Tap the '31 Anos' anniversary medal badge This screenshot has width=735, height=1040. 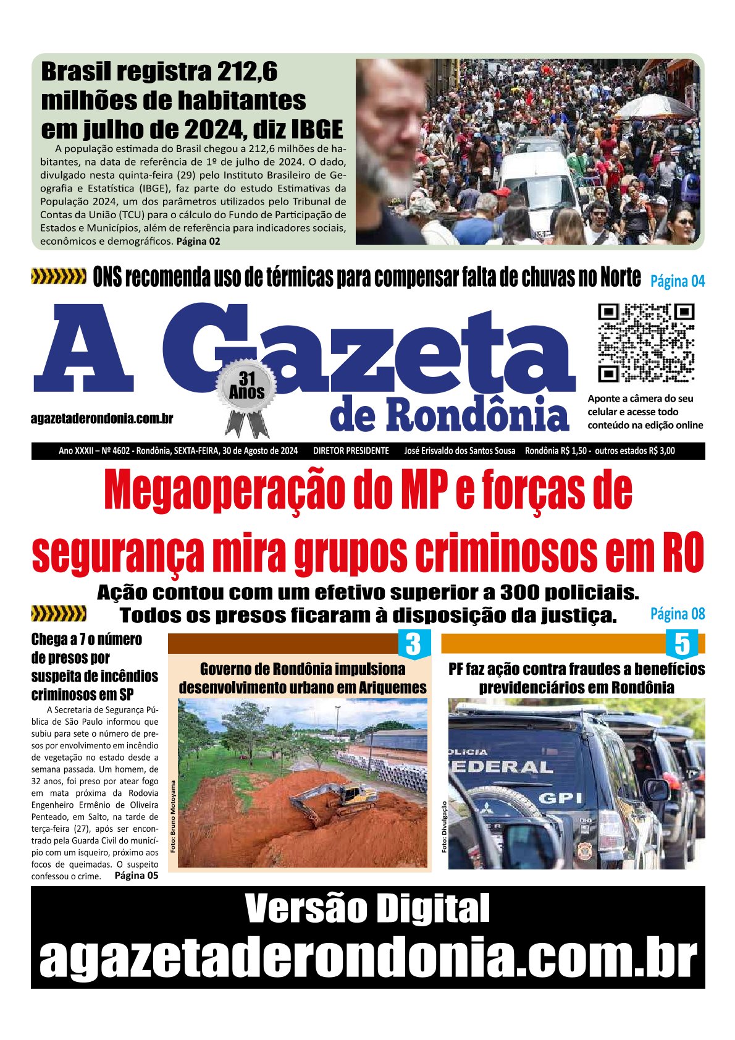coord(247,388)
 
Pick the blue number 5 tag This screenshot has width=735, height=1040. coord(682,644)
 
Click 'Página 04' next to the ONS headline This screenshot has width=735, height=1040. coord(678,281)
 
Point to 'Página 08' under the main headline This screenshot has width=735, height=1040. coord(678,614)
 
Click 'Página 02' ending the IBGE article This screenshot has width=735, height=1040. coord(198,241)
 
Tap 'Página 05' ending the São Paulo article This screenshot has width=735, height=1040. coord(136,875)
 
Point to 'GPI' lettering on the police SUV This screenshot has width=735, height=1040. coord(560,798)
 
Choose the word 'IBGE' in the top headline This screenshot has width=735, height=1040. coord(316,130)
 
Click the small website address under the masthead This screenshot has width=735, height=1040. coord(102,418)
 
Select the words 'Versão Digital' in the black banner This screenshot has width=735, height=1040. coord(367,908)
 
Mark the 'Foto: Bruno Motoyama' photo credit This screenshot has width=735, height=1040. coord(173,816)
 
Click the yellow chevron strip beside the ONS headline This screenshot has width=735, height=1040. coord(59,277)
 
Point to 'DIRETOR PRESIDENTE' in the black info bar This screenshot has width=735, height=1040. coord(351,451)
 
